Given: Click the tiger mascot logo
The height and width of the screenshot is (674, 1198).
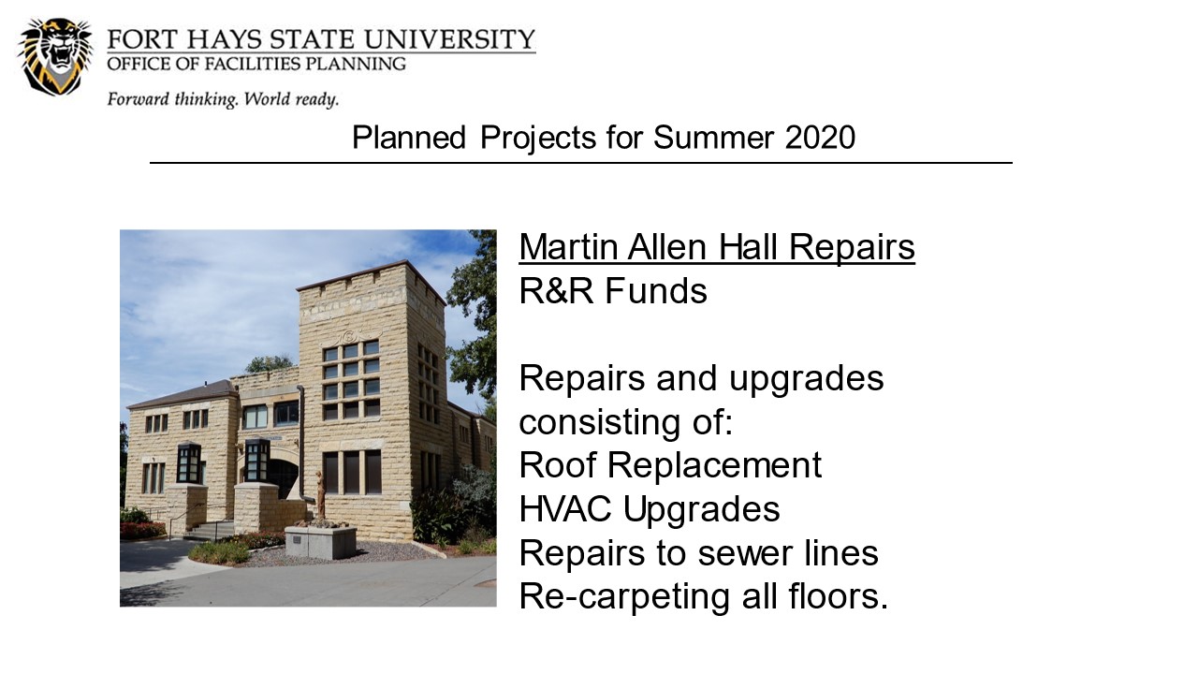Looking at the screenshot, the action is (55, 57).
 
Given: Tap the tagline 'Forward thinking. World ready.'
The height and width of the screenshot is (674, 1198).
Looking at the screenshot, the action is (223, 100).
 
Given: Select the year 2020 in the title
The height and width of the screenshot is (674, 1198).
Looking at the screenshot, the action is (820, 138).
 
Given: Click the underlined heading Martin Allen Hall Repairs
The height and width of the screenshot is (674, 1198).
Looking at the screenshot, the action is (717, 248).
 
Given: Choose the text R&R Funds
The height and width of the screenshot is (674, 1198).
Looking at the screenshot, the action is (613, 291).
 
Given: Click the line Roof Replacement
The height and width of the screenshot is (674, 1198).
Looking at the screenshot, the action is (670, 465).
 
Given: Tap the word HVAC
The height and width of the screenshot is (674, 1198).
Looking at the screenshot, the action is (564, 508).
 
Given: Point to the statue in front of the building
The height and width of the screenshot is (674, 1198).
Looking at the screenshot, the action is (320, 495).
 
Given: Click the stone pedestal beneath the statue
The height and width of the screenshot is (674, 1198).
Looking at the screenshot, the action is (321, 542).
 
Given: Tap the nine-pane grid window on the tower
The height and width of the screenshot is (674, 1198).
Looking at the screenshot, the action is (351, 380).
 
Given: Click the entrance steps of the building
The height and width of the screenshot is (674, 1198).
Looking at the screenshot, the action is (210, 531).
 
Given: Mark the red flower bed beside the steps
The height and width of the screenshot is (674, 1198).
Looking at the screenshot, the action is (142, 530).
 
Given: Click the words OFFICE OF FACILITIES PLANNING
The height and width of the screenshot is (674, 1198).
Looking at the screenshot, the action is (256, 65).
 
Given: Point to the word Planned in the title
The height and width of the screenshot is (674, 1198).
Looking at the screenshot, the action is (409, 138).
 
